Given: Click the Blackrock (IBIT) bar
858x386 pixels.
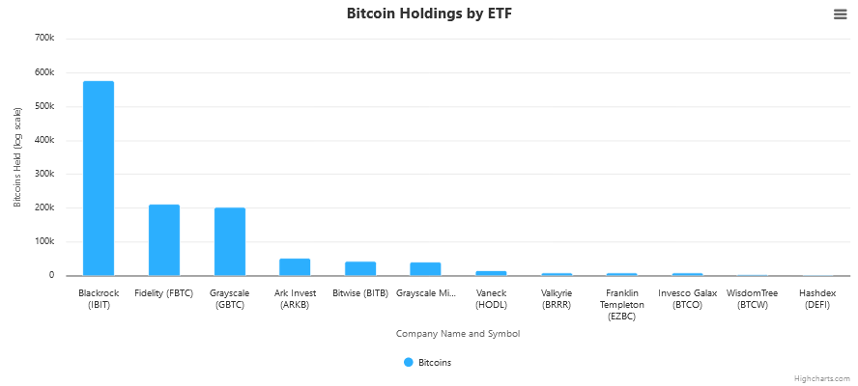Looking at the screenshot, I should click(99, 179).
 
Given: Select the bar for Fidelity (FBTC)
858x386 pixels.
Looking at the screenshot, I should click(164, 240).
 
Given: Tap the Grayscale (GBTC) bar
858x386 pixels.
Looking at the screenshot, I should click(230, 242).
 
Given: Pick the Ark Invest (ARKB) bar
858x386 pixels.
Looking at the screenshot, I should click(295, 267).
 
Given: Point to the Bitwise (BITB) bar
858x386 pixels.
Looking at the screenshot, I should click(360, 268).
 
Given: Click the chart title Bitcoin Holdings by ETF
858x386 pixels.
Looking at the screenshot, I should click(429, 14).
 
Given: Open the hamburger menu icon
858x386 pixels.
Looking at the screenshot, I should click(840, 14).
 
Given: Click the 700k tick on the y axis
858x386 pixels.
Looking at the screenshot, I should click(44, 39).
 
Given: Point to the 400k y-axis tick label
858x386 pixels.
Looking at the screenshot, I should click(44, 140).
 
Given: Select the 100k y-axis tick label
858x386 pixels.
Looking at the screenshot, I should click(44, 241).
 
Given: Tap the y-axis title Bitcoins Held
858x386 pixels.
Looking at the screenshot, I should click(17, 157).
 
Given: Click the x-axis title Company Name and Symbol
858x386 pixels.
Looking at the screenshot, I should click(458, 334).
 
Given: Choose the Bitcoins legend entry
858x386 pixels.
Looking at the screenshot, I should click(427, 363).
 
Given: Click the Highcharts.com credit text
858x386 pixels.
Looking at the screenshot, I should click(822, 379).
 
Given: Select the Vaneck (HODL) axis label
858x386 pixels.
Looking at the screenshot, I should click(491, 298).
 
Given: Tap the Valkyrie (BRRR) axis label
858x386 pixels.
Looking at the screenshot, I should click(557, 298).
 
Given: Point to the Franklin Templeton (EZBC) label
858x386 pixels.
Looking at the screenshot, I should click(622, 304).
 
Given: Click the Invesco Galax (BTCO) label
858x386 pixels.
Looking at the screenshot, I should click(688, 298).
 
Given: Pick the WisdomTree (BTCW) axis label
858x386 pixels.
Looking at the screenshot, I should click(752, 298).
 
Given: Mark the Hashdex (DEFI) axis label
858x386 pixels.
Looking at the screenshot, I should click(817, 298).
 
